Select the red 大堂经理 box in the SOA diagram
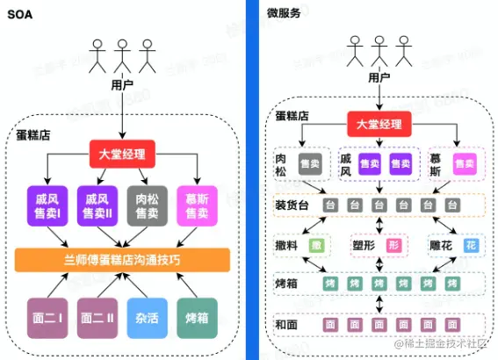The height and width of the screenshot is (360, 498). pyautogui.click(x=122, y=155)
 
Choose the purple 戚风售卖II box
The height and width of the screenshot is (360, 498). pyautogui.click(x=97, y=205)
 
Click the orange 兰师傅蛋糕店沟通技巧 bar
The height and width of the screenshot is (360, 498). pyautogui.click(x=122, y=260)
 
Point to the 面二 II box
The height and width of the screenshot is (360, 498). pyautogui.click(x=97, y=312)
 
